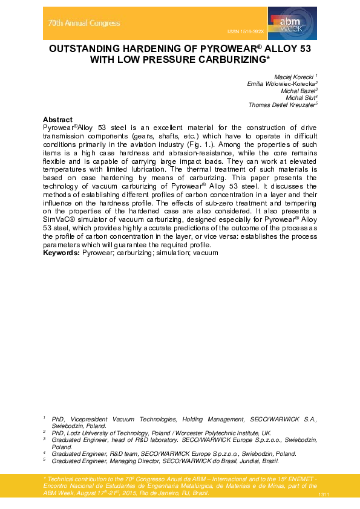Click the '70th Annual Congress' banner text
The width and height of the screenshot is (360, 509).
click(x=84, y=24)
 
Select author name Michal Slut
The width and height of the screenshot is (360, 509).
click(x=301, y=98)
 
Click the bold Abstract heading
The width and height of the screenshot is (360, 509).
click(x=58, y=120)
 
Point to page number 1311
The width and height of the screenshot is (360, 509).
click(x=323, y=495)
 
